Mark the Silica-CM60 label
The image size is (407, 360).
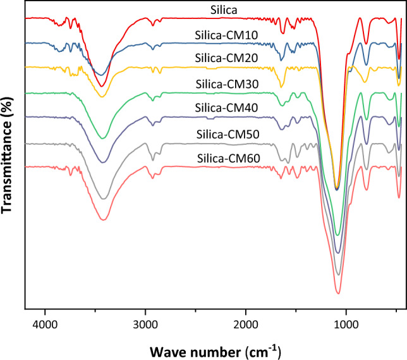[x=221, y=158]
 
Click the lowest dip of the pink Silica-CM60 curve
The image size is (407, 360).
[x=339, y=293]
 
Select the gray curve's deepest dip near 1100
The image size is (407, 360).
[x=339, y=275]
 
